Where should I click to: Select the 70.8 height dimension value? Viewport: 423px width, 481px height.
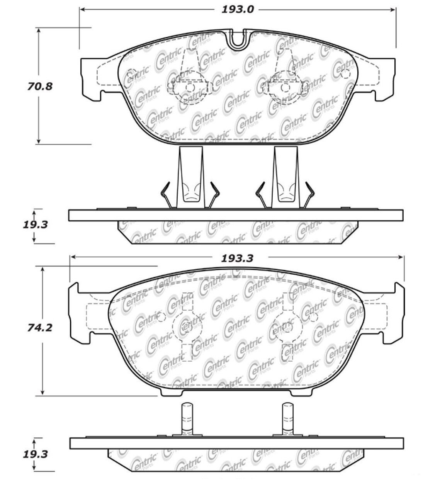point(40,87)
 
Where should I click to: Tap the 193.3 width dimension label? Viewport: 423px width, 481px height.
point(237,258)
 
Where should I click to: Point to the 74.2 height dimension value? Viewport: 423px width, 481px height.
point(39,328)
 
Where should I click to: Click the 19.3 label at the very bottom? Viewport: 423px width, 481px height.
point(36,454)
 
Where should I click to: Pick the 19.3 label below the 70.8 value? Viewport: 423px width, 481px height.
point(36,224)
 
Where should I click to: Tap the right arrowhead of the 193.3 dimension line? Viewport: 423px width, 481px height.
point(401,257)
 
